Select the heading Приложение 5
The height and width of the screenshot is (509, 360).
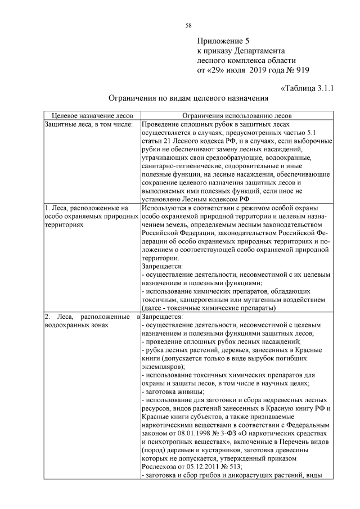223,41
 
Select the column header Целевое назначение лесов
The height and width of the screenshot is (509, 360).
92,115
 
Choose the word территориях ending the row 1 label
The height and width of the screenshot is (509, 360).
63,223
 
